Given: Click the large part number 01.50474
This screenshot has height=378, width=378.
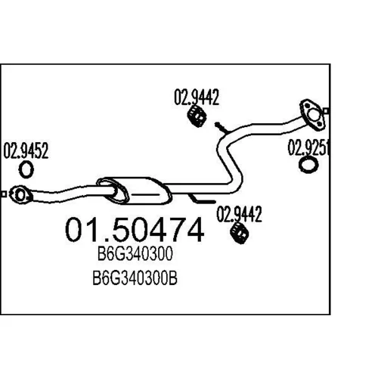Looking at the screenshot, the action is (x=135, y=230).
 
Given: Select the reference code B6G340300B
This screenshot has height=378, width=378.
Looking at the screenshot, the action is (x=135, y=278).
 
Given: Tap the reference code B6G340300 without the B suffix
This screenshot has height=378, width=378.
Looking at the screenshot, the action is (x=135, y=253).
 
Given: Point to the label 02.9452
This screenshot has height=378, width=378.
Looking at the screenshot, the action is (x=26, y=150).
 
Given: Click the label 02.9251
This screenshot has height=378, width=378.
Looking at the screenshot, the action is (x=308, y=147).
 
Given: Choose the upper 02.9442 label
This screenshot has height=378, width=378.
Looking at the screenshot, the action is (x=197, y=97).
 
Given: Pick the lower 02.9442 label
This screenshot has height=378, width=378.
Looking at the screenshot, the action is (x=240, y=214).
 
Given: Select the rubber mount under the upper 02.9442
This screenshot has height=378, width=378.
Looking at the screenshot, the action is (x=197, y=116).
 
